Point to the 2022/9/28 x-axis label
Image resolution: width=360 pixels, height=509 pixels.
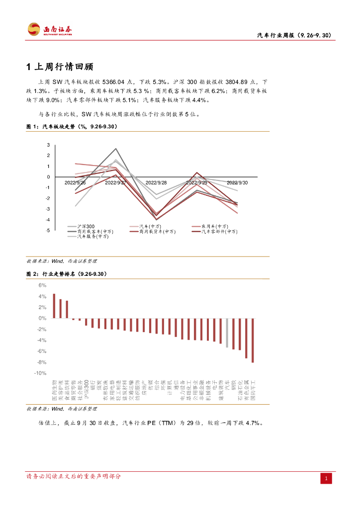(156, 183)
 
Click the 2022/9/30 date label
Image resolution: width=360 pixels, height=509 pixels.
(237, 183)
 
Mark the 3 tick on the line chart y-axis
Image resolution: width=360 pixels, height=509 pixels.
(48, 145)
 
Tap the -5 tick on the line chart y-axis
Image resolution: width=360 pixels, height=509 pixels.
(48, 231)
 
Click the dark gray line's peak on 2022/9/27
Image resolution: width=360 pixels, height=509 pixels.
(116, 149)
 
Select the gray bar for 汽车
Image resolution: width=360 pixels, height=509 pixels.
(227, 333)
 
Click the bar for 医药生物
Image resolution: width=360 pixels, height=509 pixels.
(54, 306)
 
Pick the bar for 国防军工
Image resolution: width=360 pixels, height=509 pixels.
(253, 340)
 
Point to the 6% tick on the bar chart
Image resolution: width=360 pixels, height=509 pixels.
(43, 285)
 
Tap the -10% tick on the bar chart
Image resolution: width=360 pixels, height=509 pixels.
(41, 373)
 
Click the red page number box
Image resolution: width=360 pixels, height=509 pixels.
(326, 478)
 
